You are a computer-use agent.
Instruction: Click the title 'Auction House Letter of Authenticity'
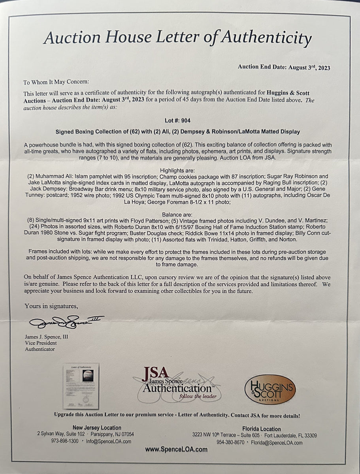(177, 38)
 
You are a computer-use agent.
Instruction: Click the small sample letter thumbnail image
(81, 386)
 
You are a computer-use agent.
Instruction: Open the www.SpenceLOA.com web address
(176, 449)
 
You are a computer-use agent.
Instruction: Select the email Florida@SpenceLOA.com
(277, 442)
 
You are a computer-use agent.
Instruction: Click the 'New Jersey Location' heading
(97, 427)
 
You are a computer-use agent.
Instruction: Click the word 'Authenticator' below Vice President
(40, 349)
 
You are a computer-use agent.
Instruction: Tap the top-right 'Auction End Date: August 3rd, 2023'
(284, 67)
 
